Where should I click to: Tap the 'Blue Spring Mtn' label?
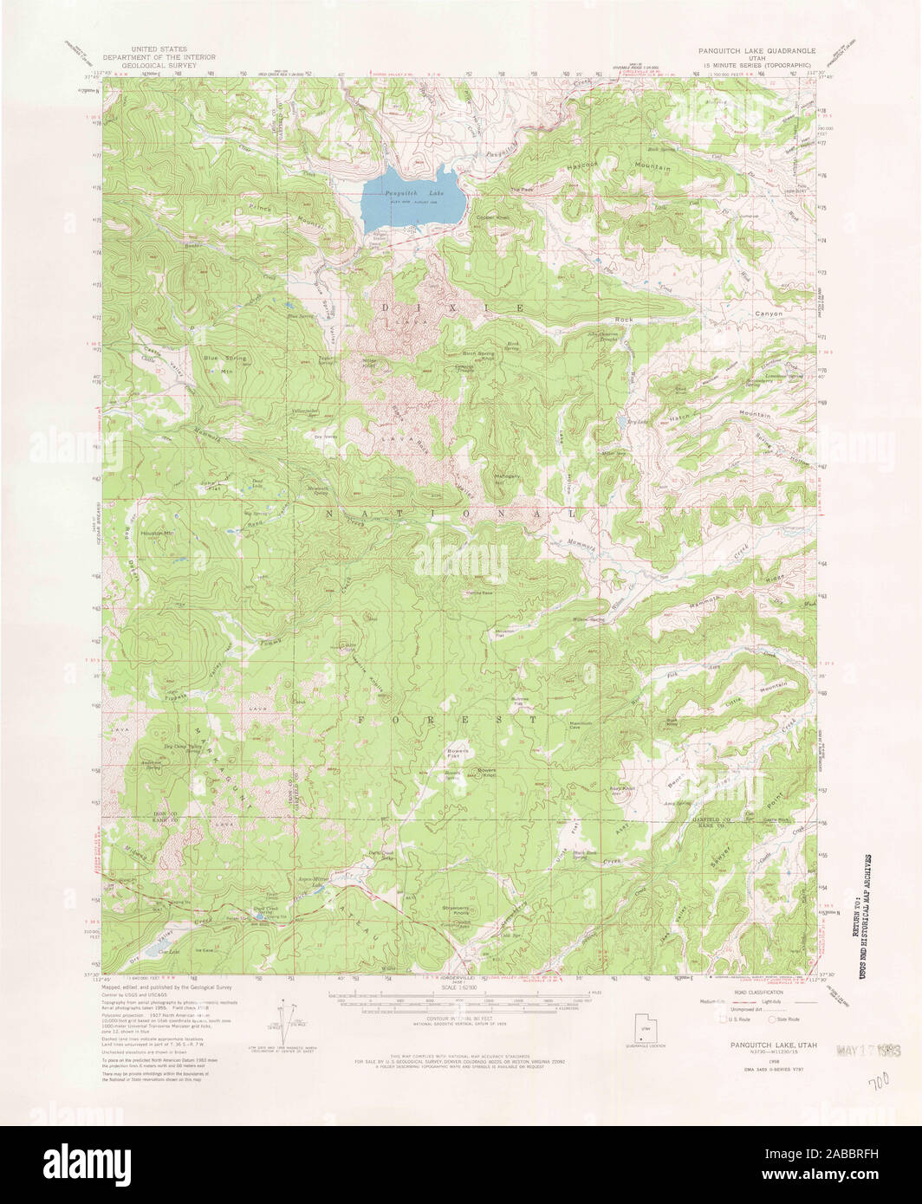(x=224, y=361)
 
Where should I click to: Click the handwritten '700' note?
(x=880, y=1084)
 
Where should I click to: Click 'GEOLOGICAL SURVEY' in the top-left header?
(x=159, y=65)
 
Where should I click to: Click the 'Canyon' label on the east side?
(x=768, y=313)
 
